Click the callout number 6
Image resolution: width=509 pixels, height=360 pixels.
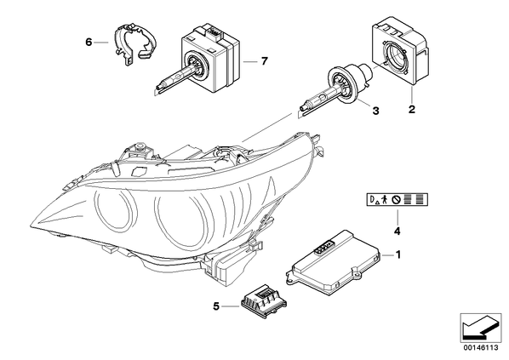[89, 42]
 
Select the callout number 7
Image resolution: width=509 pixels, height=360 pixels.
[264, 60]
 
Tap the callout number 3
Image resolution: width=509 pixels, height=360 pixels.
[375, 111]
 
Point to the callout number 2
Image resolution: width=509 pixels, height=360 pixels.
[412, 109]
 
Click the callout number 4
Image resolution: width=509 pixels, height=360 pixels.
[397, 231]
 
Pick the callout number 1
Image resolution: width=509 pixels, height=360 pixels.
[398, 254]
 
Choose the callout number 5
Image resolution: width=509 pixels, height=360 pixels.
[216, 306]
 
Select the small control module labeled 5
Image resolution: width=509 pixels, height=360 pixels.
[264, 300]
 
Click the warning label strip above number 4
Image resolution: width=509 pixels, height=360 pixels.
[397, 199]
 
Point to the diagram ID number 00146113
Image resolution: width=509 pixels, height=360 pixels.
[481, 348]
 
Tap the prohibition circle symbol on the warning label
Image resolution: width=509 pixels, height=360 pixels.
[395, 200]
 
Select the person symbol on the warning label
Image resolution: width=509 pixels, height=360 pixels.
[385, 199]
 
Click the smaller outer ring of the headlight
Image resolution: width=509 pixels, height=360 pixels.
[95, 208]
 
